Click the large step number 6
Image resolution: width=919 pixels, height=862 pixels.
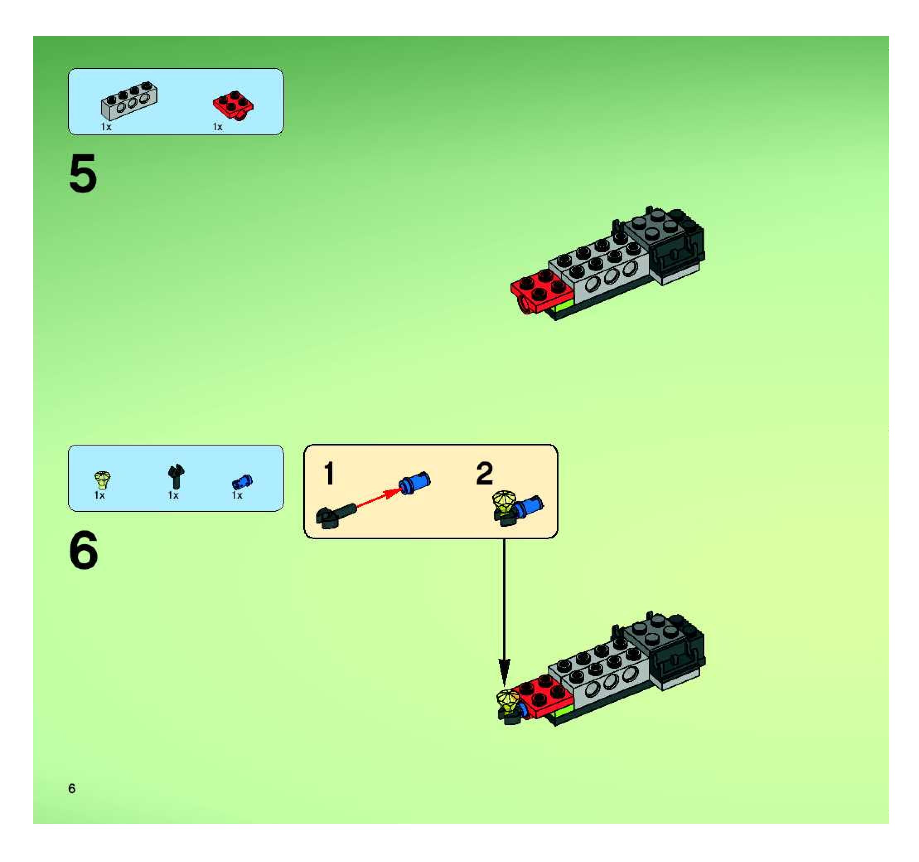84,550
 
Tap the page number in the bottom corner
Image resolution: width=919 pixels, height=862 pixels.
72,789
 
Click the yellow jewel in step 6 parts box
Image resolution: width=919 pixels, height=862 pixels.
102,480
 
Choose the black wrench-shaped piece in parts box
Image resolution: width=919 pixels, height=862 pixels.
176,476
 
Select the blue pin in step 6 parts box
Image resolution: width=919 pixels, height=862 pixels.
242,482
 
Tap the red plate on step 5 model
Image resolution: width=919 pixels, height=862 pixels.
541,288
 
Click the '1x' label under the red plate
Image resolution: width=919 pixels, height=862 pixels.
218,127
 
